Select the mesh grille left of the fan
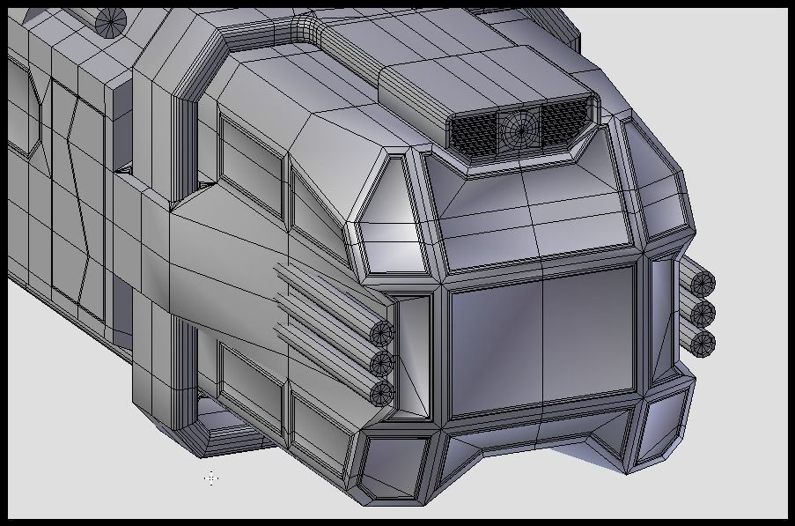[x=474, y=131]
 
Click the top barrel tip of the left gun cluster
[x=382, y=333]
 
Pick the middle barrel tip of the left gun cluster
[x=382, y=362]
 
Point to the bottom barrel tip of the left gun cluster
[x=382, y=392]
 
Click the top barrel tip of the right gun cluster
[x=703, y=284]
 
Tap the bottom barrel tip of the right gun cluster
[x=703, y=343]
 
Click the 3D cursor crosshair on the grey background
[x=211, y=478]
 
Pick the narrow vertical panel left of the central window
[x=412, y=352]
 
